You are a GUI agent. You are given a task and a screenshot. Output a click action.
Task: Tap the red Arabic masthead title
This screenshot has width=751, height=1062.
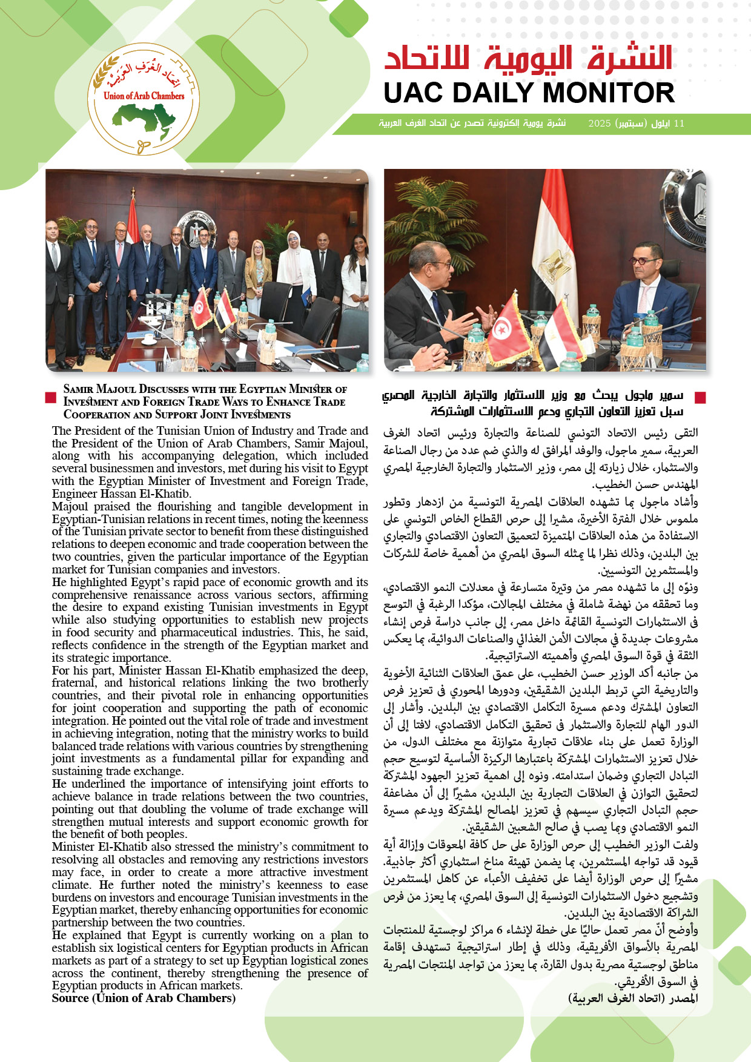click(528, 59)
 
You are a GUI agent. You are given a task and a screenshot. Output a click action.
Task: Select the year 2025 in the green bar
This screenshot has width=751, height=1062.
click(599, 124)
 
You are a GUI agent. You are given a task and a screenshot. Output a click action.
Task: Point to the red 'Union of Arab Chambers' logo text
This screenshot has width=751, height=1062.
click(144, 96)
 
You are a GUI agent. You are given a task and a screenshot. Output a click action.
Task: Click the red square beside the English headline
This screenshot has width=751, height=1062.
click(51, 397)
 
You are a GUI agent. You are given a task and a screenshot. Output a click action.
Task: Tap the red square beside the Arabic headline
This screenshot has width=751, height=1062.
click(700, 397)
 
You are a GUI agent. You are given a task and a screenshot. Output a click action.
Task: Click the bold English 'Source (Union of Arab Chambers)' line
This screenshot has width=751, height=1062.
click(144, 998)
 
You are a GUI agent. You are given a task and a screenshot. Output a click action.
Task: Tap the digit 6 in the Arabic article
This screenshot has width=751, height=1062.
click(500, 930)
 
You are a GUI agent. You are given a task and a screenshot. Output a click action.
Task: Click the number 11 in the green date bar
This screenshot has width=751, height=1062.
click(679, 124)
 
